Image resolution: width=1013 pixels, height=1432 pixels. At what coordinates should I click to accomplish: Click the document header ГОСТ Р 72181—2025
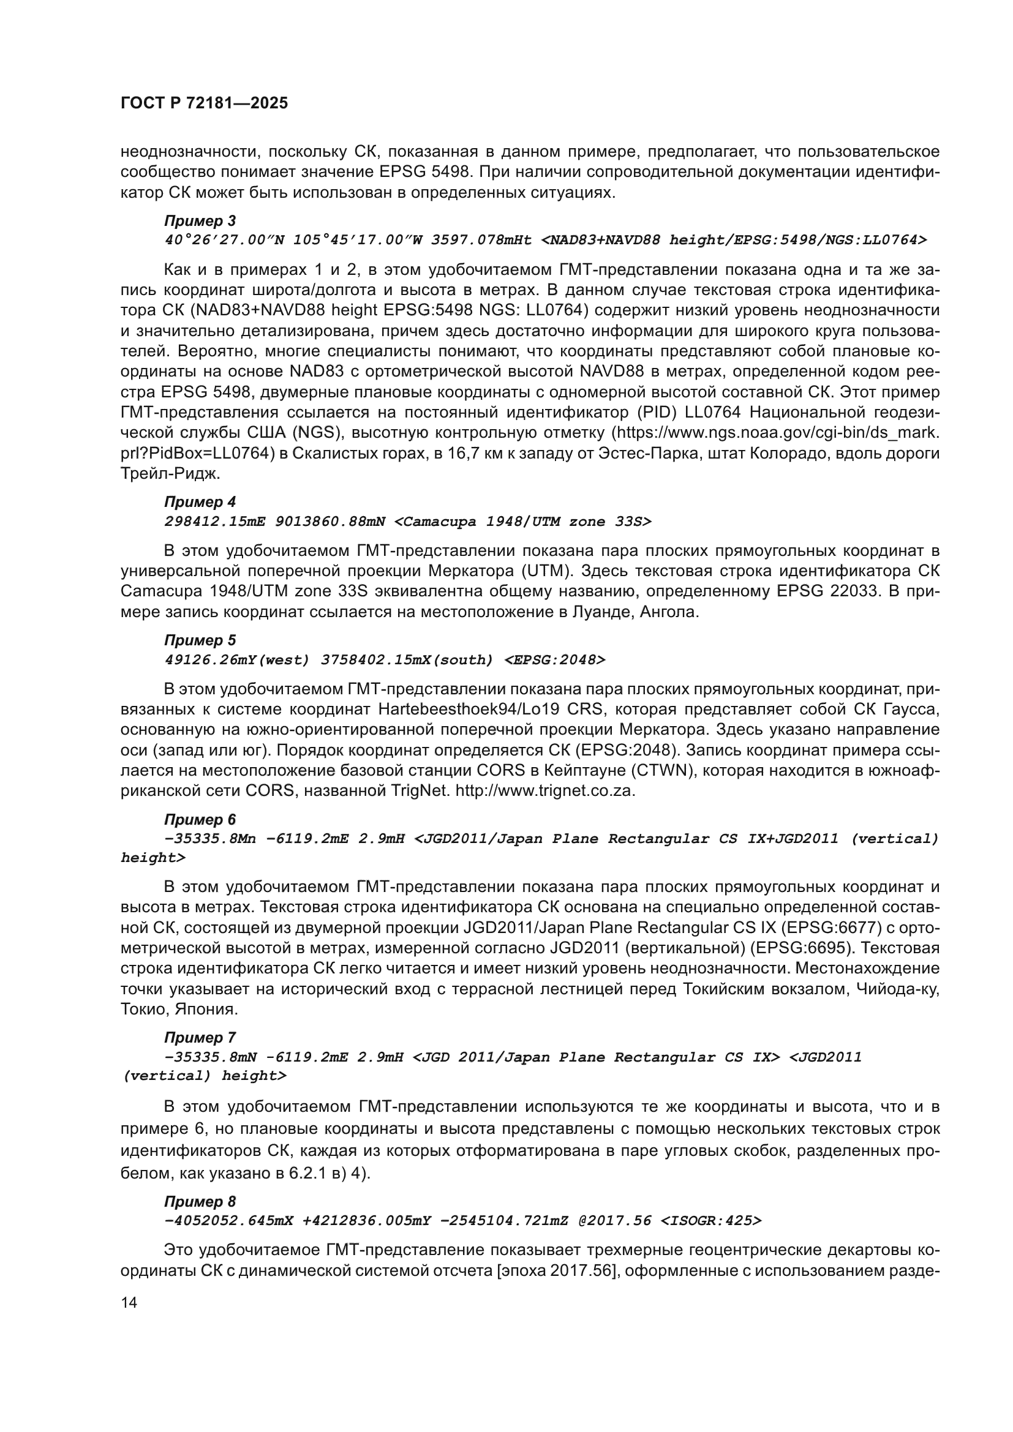(x=204, y=103)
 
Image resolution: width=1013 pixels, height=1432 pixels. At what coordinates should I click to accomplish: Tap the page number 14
(x=129, y=1302)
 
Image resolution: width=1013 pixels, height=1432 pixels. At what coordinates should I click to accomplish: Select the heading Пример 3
(x=200, y=221)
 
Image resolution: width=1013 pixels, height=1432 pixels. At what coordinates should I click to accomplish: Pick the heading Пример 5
(x=200, y=640)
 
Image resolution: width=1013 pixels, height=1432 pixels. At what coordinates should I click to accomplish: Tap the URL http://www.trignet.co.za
(x=544, y=791)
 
